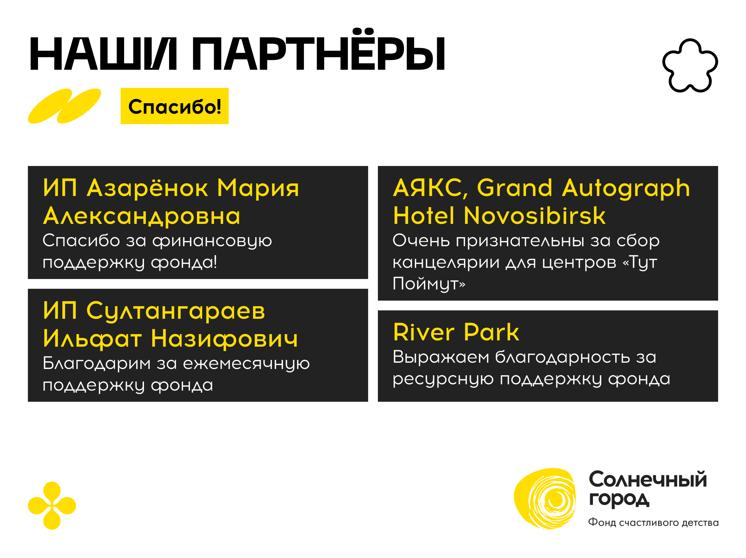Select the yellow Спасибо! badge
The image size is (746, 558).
[x=175, y=106]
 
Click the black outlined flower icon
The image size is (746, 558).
[x=690, y=66]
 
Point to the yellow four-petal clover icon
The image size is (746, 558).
[x=52, y=506]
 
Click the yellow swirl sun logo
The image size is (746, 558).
[x=545, y=499]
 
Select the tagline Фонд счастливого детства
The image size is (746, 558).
[x=653, y=522]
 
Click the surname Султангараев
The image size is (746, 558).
[x=176, y=311]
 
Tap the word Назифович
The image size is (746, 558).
[x=224, y=339]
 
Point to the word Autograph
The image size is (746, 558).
[x=626, y=189]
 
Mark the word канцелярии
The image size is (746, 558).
[x=446, y=262]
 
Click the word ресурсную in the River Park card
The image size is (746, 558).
[x=443, y=379]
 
